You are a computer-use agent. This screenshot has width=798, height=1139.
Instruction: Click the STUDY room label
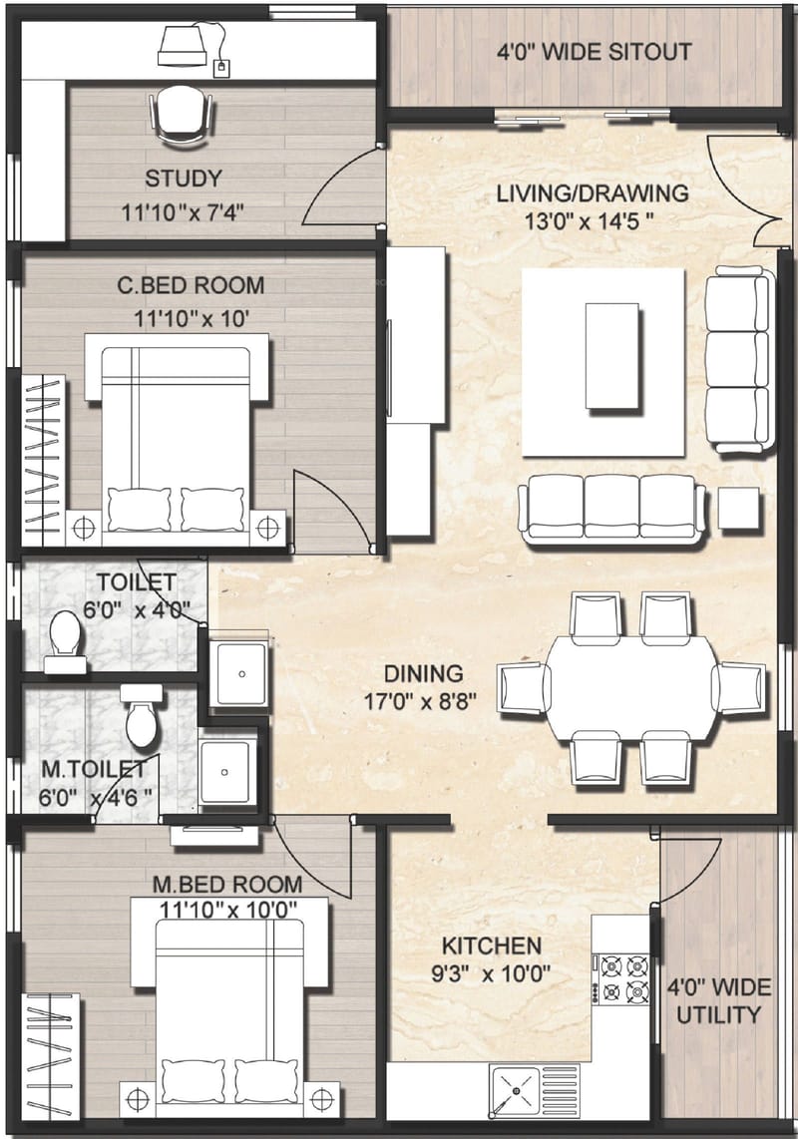point(183,180)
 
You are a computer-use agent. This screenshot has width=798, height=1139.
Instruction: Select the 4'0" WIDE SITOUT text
point(595,52)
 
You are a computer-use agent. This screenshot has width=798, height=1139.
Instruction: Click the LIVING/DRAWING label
point(592,193)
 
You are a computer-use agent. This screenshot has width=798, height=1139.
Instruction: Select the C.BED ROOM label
point(191,286)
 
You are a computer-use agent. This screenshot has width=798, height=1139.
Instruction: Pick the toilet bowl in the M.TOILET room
point(140,720)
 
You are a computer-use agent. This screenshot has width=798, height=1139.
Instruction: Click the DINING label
point(426,673)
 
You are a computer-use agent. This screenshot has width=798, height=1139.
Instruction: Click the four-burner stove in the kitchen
point(621,977)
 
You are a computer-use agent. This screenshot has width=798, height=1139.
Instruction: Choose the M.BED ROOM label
point(227,885)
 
